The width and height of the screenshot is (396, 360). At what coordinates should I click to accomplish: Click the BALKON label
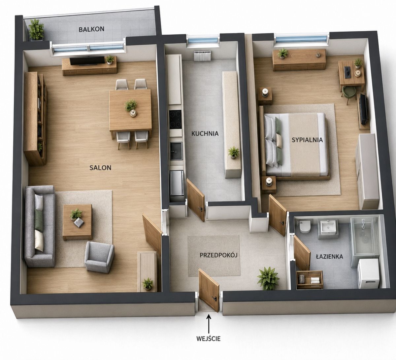tap(91, 29)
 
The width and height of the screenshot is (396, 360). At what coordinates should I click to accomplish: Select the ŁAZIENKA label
tap(329, 257)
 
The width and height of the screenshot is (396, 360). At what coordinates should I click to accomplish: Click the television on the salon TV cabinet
tap(87, 61)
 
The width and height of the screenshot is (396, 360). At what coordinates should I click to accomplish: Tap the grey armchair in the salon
tap(99, 257)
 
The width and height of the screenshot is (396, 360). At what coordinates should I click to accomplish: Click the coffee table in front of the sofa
tap(77, 222)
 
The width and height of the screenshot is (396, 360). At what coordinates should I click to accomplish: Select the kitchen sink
tap(176, 151)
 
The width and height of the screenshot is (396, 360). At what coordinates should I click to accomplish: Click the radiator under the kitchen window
tap(203, 55)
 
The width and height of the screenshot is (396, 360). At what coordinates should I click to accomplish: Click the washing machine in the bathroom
tap(369, 274)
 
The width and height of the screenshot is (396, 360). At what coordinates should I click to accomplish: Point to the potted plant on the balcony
tap(36, 29)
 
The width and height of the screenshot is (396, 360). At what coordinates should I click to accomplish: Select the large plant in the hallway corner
tap(268, 278)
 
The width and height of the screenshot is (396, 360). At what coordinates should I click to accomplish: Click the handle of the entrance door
tap(215, 298)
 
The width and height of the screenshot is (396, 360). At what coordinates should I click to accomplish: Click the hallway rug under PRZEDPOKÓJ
tap(214, 256)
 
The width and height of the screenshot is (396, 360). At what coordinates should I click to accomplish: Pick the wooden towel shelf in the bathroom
tap(310, 280)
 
